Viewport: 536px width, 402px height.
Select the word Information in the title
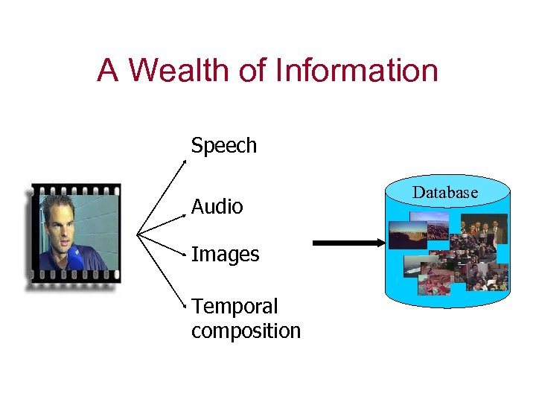[357, 71]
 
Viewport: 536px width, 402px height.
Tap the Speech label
[223, 145]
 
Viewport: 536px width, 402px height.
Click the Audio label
[217, 206]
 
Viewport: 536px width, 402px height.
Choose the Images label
[225, 255]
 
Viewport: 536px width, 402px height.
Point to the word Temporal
[234, 306]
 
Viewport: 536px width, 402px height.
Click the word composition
[246, 331]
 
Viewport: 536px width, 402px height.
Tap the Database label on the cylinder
[445, 192]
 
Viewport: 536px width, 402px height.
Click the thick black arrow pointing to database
[347, 242]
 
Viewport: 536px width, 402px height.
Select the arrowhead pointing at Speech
[188, 157]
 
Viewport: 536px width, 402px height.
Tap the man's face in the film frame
[59, 223]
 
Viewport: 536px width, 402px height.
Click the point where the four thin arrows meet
[138, 233]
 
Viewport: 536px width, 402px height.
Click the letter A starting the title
[107, 71]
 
